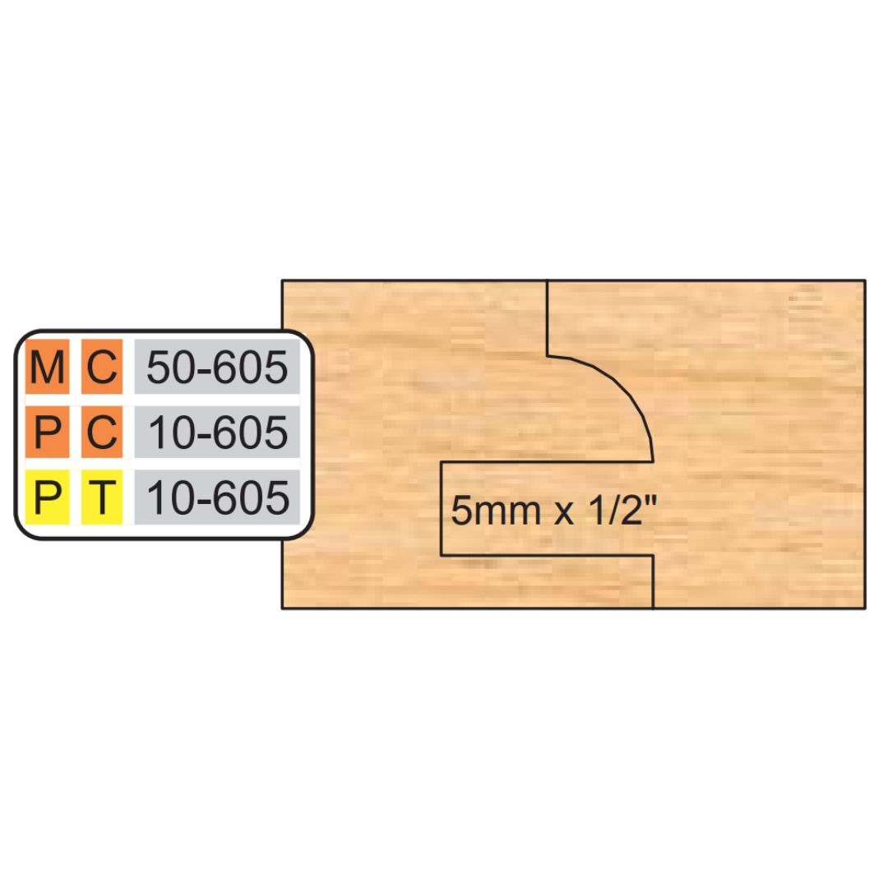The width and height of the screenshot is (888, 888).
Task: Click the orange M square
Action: click(47, 367)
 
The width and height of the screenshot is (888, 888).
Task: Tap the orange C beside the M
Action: click(102, 367)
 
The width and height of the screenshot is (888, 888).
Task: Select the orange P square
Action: click(47, 432)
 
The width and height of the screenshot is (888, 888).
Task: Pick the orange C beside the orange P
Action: click(102, 432)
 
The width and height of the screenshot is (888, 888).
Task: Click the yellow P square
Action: click(47, 497)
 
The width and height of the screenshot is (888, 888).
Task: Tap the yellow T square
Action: click(102, 497)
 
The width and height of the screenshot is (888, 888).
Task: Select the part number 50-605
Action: click(217, 368)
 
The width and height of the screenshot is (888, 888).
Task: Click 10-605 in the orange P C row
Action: click(218, 432)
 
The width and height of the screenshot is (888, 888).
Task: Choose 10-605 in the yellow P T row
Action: click(218, 497)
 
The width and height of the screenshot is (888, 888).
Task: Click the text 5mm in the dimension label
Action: click(496, 511)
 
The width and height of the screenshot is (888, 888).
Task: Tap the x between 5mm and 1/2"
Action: click(565, 514)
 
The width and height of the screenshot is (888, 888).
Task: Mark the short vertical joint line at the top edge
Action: click(547, 317)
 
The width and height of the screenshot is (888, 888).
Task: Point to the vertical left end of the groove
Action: click(442, 509)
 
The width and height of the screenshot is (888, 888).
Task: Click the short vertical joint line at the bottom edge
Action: click(654, 582)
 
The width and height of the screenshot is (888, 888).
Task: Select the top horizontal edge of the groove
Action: click(547, 461)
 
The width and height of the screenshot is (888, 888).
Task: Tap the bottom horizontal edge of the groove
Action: click(547, 556)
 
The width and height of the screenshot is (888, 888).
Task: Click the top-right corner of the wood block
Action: click(865, 280)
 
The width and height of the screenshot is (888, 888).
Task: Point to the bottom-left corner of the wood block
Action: click(282, 608)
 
